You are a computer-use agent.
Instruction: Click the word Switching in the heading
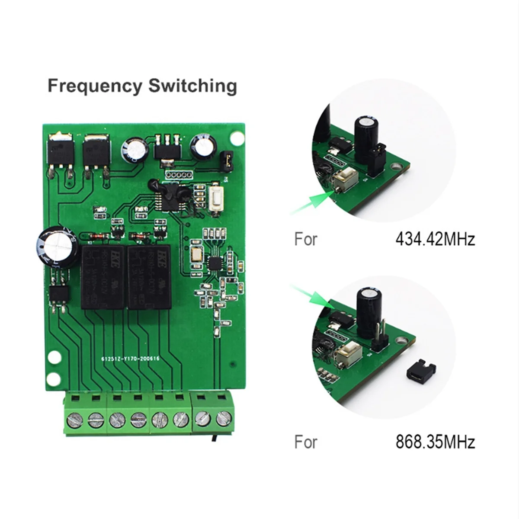(x=193, y=86)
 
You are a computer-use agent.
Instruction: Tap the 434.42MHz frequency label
(x=435, y=239)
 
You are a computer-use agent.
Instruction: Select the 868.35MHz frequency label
(x=435, y=442)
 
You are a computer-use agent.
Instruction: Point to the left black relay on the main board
(x=102, y=276)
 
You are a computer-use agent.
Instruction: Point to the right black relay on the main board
(x=149, y=276)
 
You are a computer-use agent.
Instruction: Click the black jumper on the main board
(x=226, y=159)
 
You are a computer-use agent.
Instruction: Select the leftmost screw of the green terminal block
(x=75, y=419)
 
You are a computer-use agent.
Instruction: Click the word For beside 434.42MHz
(x=306, y=239)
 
